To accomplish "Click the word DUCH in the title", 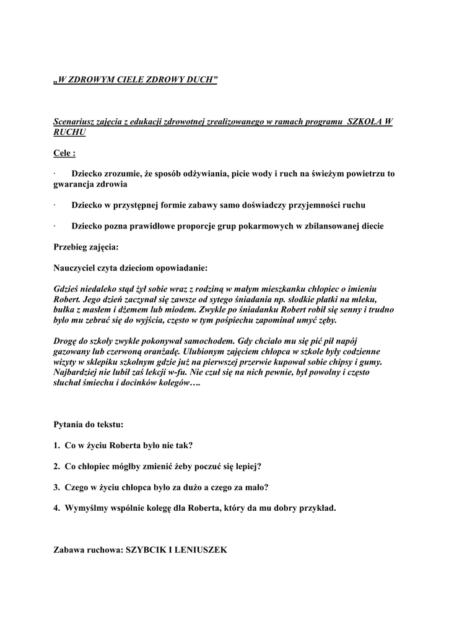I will (203, 80).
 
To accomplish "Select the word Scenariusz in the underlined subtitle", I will (75, 122).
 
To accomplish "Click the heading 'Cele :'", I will (64, 153).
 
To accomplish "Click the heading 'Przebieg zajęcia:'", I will (86, 246).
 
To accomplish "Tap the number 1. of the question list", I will (56, 445).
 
